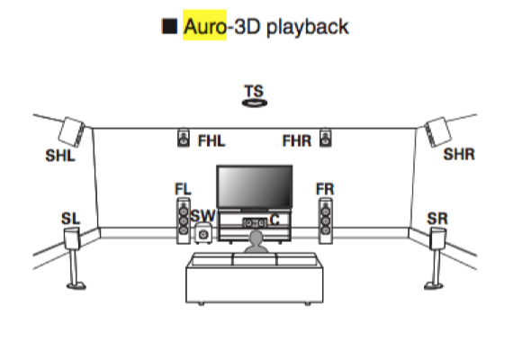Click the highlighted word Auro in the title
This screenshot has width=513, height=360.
[205, 26]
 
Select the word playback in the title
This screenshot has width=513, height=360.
[308, 27]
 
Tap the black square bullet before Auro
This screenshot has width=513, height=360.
[170, 26]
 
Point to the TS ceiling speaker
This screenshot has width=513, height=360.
[255, 103]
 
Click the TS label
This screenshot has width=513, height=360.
[254, 91]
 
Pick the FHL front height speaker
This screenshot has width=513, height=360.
[184, 138]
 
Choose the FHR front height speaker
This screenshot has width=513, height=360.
[325, 138]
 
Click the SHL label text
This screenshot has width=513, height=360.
[60, 156]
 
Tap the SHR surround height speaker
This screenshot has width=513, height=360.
[437, 131]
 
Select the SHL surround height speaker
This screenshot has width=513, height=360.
[72, 131]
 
